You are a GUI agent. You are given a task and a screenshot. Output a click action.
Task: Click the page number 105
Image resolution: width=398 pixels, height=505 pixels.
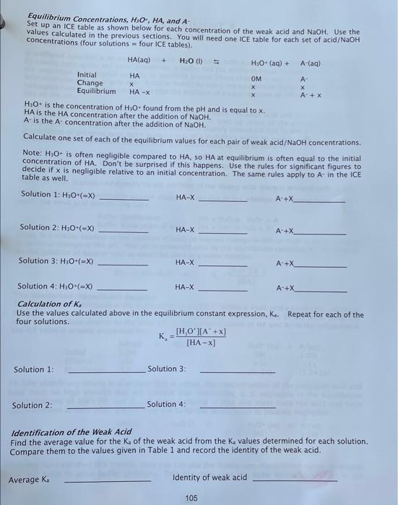[x=191, y=498]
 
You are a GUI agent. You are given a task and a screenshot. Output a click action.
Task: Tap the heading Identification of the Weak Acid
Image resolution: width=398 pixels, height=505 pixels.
[x=72, y=432]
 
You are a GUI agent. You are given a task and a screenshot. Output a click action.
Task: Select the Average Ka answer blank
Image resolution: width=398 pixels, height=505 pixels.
[x=108, y=480]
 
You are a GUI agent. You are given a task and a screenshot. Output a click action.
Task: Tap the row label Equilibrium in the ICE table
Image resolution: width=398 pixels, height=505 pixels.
[x=96, y=92]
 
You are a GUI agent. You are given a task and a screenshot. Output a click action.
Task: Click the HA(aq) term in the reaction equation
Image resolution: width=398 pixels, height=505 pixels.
[x=137, y=61]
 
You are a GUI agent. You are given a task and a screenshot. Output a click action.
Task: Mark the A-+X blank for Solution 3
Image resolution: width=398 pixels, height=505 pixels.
[x=321, y=263]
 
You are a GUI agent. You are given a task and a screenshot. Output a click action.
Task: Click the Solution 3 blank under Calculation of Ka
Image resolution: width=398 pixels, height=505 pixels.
[x=237, y=372]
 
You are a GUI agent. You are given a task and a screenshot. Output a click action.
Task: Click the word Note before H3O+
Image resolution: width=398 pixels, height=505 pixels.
[x=32, y=153]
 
